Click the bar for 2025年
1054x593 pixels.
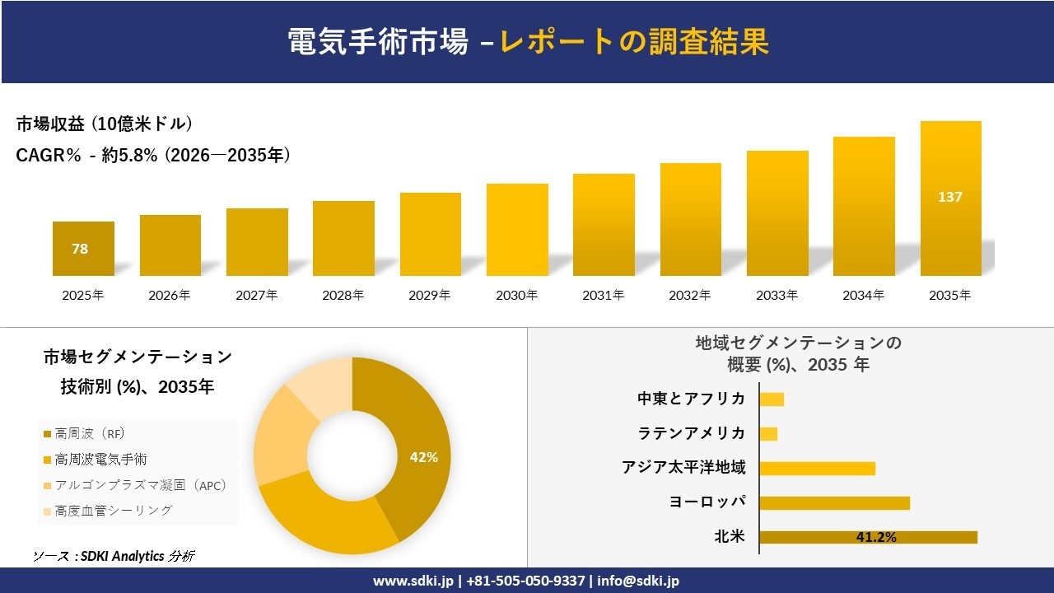coord(83,249)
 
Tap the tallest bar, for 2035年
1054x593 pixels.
coord(950,198)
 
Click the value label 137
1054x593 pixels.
coord(950,197)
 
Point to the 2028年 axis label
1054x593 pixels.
coord(343,295)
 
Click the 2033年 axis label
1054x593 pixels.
coord(777,295)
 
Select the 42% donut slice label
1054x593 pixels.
coord(424,457)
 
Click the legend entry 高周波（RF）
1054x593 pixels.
coord(90,433)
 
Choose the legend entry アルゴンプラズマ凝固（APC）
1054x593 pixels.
coord(139,485)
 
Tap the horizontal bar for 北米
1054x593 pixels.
coord(868,537)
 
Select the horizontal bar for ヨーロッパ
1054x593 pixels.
coord(834,502)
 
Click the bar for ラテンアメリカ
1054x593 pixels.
coord(768,433)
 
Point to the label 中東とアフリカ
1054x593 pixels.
coord(691,399)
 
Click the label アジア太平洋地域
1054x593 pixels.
coord(683,468)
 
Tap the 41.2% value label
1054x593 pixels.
coord(876,537)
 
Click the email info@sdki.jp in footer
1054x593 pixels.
coord(638,581)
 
